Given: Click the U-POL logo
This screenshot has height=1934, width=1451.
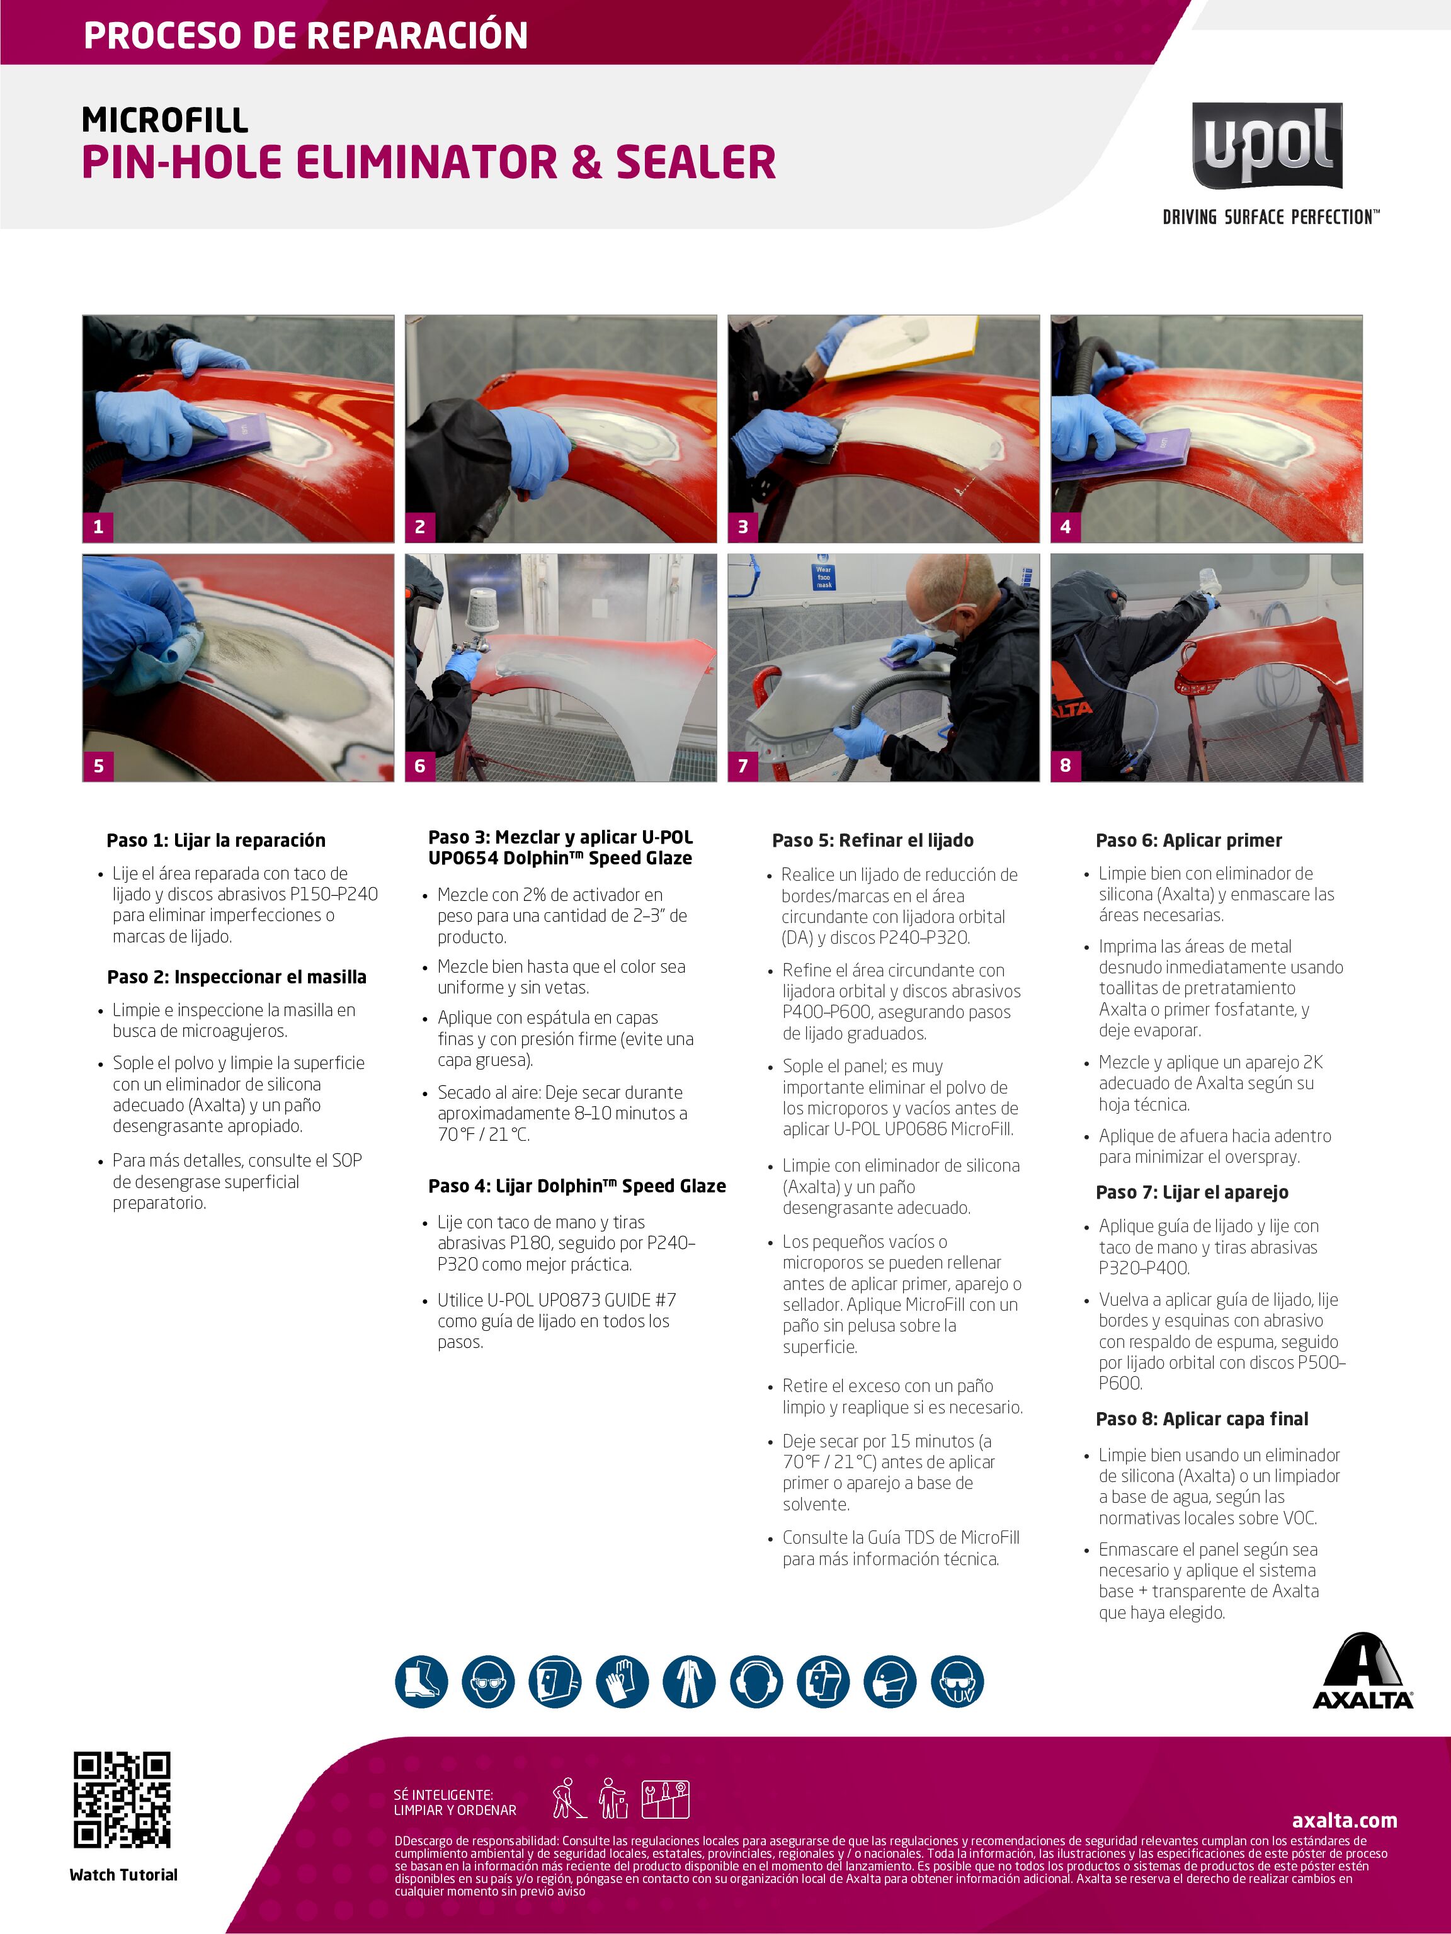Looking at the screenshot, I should click(x=1266, y=146).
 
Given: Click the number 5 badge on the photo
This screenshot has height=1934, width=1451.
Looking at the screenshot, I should click(x=98, y=765).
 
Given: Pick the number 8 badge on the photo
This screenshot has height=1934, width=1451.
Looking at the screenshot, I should click(x=1066, y=765).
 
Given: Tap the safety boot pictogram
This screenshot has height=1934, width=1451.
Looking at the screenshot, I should click(x=421, y=1682).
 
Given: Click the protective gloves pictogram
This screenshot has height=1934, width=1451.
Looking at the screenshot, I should click(x=622, y=1682).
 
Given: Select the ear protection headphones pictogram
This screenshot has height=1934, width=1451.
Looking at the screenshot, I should click(x=756, y=1682).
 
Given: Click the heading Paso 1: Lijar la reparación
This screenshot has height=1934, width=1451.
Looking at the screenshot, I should click(x=215, y=840).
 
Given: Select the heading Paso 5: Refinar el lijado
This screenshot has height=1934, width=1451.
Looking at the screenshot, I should click(x=872, y=840).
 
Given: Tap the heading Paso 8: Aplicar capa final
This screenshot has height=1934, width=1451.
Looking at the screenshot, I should click(x=1202, y=1419).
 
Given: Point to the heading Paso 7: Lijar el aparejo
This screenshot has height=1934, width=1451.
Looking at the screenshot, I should click(x=1192, y=1192).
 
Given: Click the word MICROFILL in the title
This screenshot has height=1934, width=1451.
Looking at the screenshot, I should click(x=164, y=120).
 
